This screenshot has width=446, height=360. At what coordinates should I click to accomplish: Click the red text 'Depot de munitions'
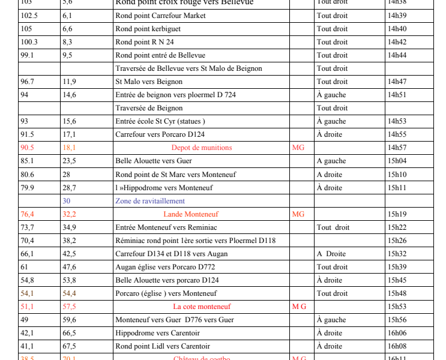click(202, 148)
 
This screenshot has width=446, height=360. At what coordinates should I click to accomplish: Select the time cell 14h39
click(397, 16)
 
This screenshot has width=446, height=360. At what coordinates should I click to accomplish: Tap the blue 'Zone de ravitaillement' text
click(150, 201)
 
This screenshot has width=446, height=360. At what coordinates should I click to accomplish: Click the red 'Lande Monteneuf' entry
click(191, 214)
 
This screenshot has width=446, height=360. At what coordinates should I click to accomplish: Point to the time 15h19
click(397, 214)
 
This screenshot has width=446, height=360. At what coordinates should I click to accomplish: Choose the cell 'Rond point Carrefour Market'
click(160, 16)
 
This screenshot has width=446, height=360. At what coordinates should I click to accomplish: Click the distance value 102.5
click(29, 16)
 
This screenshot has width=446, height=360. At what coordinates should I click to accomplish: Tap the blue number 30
click(66, 201)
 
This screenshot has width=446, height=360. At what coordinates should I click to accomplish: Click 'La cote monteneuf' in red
click(202, 307)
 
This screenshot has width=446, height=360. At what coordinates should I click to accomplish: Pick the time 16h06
click(397, 333)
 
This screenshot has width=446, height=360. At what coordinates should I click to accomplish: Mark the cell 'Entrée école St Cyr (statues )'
click(160, 121)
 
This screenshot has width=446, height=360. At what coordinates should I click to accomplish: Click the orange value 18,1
click(69, 148)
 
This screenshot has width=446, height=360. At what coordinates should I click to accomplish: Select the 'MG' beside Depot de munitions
click(298, 148)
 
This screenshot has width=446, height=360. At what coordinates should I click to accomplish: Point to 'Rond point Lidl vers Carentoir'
click(163, 346)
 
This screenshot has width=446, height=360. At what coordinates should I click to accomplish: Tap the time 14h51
click(397, 95)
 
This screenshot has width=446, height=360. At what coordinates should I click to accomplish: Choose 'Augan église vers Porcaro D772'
click(166, 267)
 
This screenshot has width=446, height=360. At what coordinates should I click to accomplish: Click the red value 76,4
click(28, 214)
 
